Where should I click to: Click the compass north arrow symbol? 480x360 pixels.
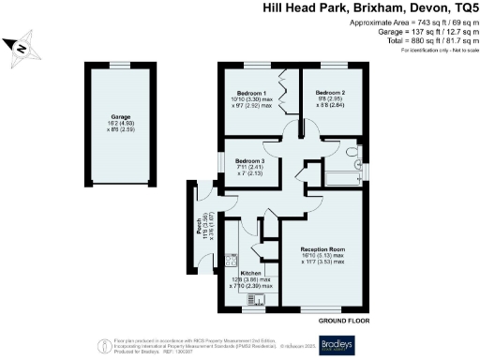point(20,47)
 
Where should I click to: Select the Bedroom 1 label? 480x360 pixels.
point(251,93)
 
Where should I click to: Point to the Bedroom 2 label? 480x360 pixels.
point(330,93)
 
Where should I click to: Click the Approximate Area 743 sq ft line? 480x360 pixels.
point(417,22)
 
